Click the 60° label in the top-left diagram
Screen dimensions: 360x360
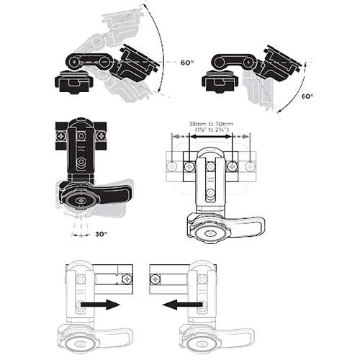point(186,63)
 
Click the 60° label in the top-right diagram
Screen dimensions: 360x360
point(307,95)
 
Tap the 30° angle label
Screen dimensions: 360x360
point(101,235)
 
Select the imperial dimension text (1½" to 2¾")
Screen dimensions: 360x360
point(210,130)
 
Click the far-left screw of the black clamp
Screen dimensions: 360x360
point(61,134)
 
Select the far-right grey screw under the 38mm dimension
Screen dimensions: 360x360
point(251,166)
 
